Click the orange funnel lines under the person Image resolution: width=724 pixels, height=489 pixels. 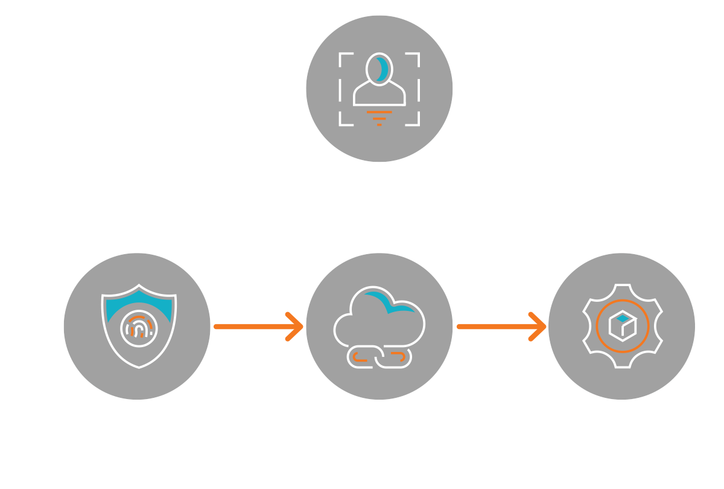pyautogui.click(x=379, y=117)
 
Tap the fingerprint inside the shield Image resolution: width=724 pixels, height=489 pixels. pyautogui.click(x=138, y=327)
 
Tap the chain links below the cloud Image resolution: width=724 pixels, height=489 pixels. pyautogui.click(x=379, y=357)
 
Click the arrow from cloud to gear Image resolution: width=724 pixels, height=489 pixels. pyautogui.click(x=501, y=327)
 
